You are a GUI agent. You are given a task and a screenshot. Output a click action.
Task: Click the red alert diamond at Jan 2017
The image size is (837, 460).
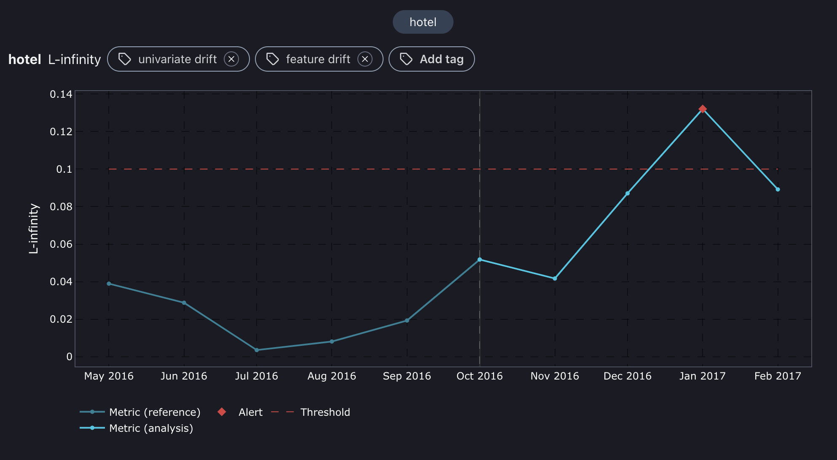[x=703, y=109]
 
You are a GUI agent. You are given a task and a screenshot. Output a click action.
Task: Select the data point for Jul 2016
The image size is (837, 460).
[x=257, y=350]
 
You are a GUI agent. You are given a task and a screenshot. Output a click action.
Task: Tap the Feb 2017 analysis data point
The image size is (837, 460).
[x=778, y=190]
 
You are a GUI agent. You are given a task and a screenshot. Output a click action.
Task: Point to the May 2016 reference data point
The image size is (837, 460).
[x=109, y=284]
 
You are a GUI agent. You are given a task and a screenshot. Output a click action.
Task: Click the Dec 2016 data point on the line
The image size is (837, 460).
[x=628, y=193]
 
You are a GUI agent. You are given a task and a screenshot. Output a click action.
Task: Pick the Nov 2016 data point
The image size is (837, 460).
[x=555, y=278]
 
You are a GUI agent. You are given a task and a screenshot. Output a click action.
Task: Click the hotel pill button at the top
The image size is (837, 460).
[x=423, y=22]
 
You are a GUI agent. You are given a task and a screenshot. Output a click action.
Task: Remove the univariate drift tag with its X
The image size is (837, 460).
[x=231, y=59]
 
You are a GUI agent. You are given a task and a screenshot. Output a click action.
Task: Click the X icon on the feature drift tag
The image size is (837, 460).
[x=365, y=59]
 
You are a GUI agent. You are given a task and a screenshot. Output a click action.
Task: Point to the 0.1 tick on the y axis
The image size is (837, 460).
[x=64, y=169]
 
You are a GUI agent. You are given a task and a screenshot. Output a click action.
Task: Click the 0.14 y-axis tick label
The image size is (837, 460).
[x=61, y=94]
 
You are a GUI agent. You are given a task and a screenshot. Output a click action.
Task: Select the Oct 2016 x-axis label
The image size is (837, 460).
[x=480, y=376]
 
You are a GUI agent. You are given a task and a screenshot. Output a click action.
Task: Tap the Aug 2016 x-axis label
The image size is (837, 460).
[x=332, y=376]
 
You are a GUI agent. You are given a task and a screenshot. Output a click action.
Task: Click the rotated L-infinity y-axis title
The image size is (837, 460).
[x=34, y=229]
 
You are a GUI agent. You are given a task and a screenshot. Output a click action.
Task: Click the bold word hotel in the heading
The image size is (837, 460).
[x=25, y=59]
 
